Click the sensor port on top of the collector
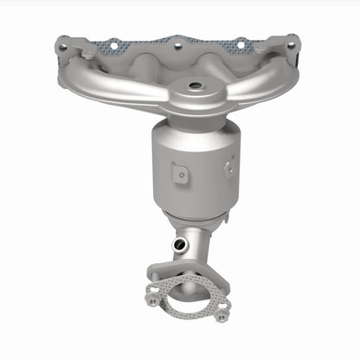[x=192, y=86]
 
